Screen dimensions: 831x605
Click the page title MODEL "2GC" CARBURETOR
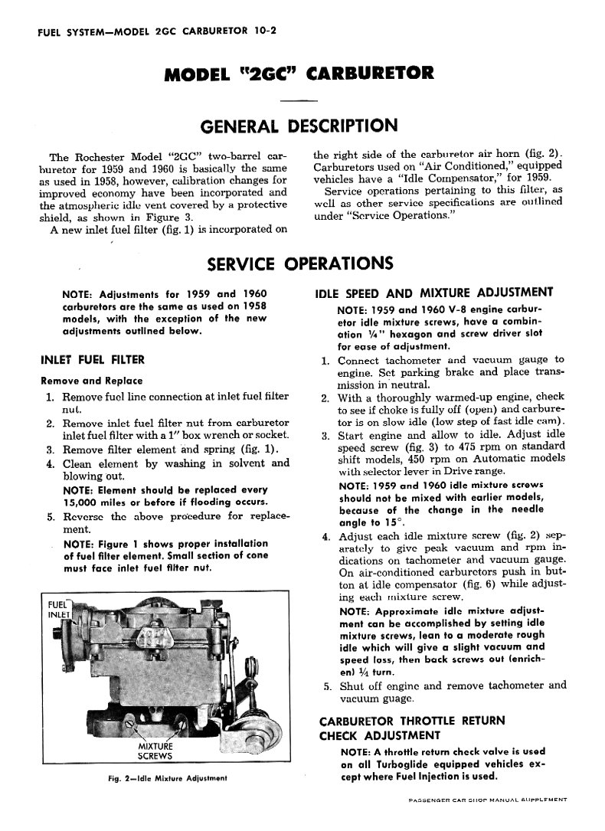299,74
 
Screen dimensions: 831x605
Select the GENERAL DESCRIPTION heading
299,126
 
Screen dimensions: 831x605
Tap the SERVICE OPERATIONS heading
300,263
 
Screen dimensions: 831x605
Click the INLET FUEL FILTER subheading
92,359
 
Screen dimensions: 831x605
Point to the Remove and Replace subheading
91,381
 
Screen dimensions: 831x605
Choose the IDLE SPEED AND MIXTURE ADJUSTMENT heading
434,292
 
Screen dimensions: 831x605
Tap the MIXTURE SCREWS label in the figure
155,751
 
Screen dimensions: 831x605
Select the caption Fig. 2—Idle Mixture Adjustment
168,778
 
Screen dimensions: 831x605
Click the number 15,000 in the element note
83,502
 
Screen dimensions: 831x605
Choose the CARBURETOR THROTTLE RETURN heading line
411,721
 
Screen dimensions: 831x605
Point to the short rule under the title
299,100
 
